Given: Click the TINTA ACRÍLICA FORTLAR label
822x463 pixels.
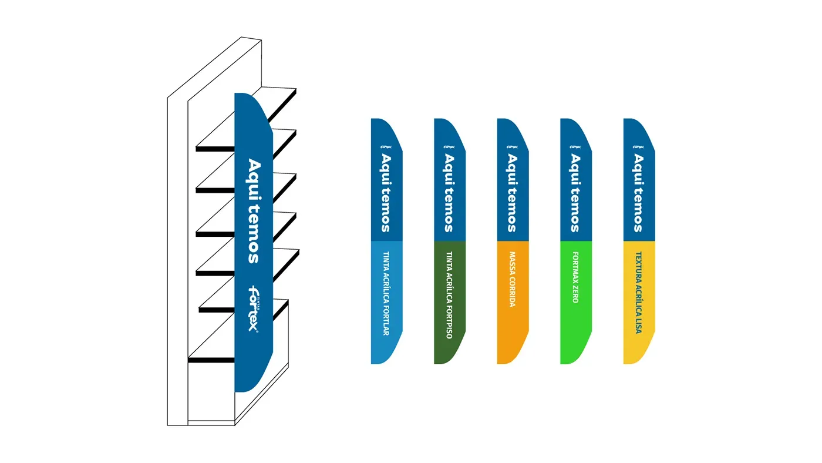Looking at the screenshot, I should click(386, 293).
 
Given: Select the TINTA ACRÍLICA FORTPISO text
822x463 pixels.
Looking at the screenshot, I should click(449, 295).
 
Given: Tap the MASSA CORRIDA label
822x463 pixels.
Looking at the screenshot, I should click(512, 280).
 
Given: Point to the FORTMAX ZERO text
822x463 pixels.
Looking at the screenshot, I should click(575, 277).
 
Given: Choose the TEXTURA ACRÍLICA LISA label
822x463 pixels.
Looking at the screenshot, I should click(638, 293).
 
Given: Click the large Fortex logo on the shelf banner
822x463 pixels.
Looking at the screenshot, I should click(253, 308).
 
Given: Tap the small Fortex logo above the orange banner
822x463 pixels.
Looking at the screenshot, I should click(512, 147).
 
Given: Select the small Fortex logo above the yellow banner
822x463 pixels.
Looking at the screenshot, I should click(638, 147).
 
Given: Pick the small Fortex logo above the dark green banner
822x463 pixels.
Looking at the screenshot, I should click(449, 147).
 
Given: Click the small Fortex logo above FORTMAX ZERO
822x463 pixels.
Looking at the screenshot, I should click(575, 147).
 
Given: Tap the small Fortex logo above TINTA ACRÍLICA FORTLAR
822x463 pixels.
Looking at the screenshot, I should click(386, 147).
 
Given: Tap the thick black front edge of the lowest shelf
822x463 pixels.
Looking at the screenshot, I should click(211, 360).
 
